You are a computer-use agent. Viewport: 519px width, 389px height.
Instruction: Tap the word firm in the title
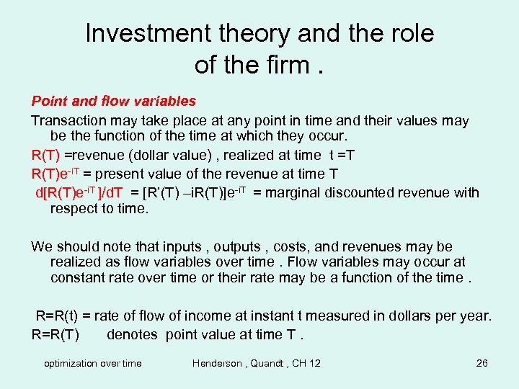[289, 65]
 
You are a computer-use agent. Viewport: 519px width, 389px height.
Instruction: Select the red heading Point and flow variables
[113, 101]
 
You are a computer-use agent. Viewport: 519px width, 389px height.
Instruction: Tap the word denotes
[133, 334]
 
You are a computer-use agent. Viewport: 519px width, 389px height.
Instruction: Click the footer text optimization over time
[93, 363]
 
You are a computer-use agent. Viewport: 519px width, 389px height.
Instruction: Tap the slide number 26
[482, 363]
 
